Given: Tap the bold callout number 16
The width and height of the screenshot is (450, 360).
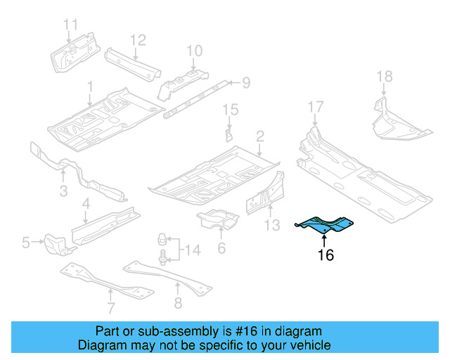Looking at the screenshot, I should point(325,255).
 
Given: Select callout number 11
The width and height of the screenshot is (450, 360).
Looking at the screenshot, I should point(70,26).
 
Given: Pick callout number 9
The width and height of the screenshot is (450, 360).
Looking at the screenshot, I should point(246,84).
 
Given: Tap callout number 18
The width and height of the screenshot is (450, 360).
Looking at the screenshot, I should point(384,76).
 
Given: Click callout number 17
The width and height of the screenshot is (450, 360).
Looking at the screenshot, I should point(316,107).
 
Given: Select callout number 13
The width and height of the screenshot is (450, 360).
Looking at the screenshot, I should point(273,225).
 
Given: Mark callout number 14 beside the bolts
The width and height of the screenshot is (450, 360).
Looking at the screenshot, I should point(191,249).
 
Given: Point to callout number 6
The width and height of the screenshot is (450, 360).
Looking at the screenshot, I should point(221,247).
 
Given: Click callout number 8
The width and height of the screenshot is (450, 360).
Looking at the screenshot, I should point(178,303).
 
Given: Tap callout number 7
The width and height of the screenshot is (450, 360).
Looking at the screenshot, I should point(110,307).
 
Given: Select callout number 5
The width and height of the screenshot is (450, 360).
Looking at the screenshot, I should point(26,243).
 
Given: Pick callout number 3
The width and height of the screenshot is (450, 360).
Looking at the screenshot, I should point(63,191).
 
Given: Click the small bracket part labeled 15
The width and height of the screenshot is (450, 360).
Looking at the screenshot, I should point(229,133).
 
